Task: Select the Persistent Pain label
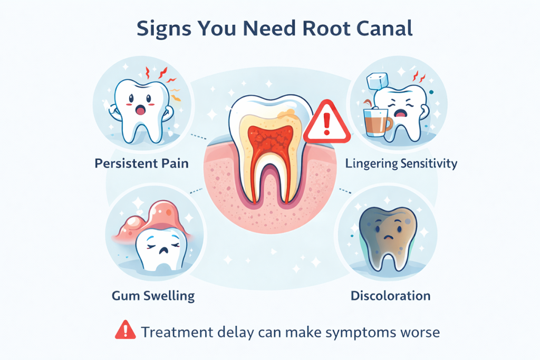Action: click(x=141, y=163)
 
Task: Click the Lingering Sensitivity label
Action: click(x=401, y=163)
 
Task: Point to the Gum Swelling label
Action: click(x=153, y=295)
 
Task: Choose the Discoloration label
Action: click(x=390, y=295)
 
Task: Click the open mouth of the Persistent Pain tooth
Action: click(x=141, y=110)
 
